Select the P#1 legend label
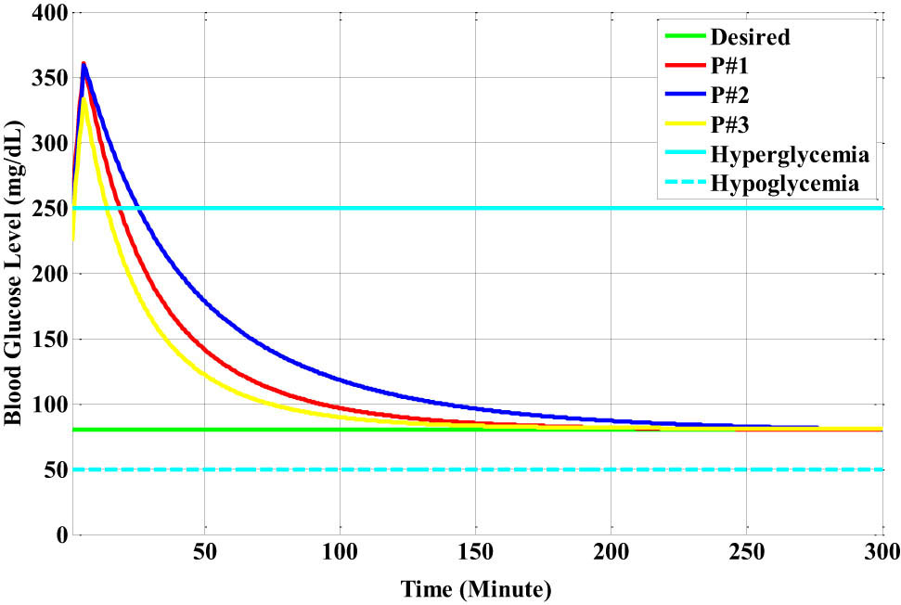730,66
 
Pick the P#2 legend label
730,94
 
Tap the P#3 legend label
730,123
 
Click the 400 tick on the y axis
40,14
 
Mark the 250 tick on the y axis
40,209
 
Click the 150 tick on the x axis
475,554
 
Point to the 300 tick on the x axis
880,554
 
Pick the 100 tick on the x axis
340,554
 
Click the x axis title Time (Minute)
476,588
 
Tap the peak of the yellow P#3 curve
84,98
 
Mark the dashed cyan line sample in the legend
685,183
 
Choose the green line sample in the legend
685,38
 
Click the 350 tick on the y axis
40,79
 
